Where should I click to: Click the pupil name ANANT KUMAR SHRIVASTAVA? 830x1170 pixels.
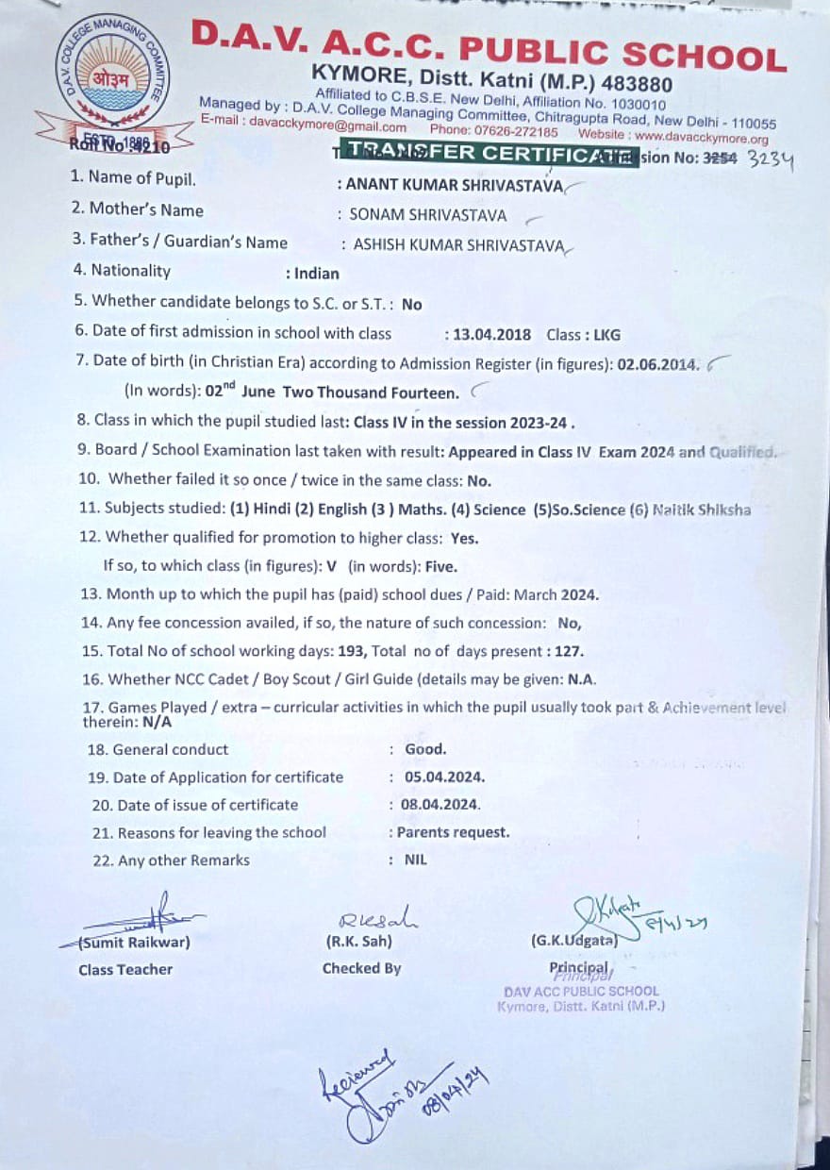(x=455, y=185)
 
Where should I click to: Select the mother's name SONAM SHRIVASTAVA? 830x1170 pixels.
(x=428, y=215)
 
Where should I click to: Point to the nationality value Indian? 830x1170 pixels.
(x=317, y=274)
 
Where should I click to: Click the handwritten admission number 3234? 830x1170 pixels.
(x=771, y=159)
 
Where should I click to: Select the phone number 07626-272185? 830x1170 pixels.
(x=507, y=131)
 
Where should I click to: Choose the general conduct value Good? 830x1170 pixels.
(x=425, y=749)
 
